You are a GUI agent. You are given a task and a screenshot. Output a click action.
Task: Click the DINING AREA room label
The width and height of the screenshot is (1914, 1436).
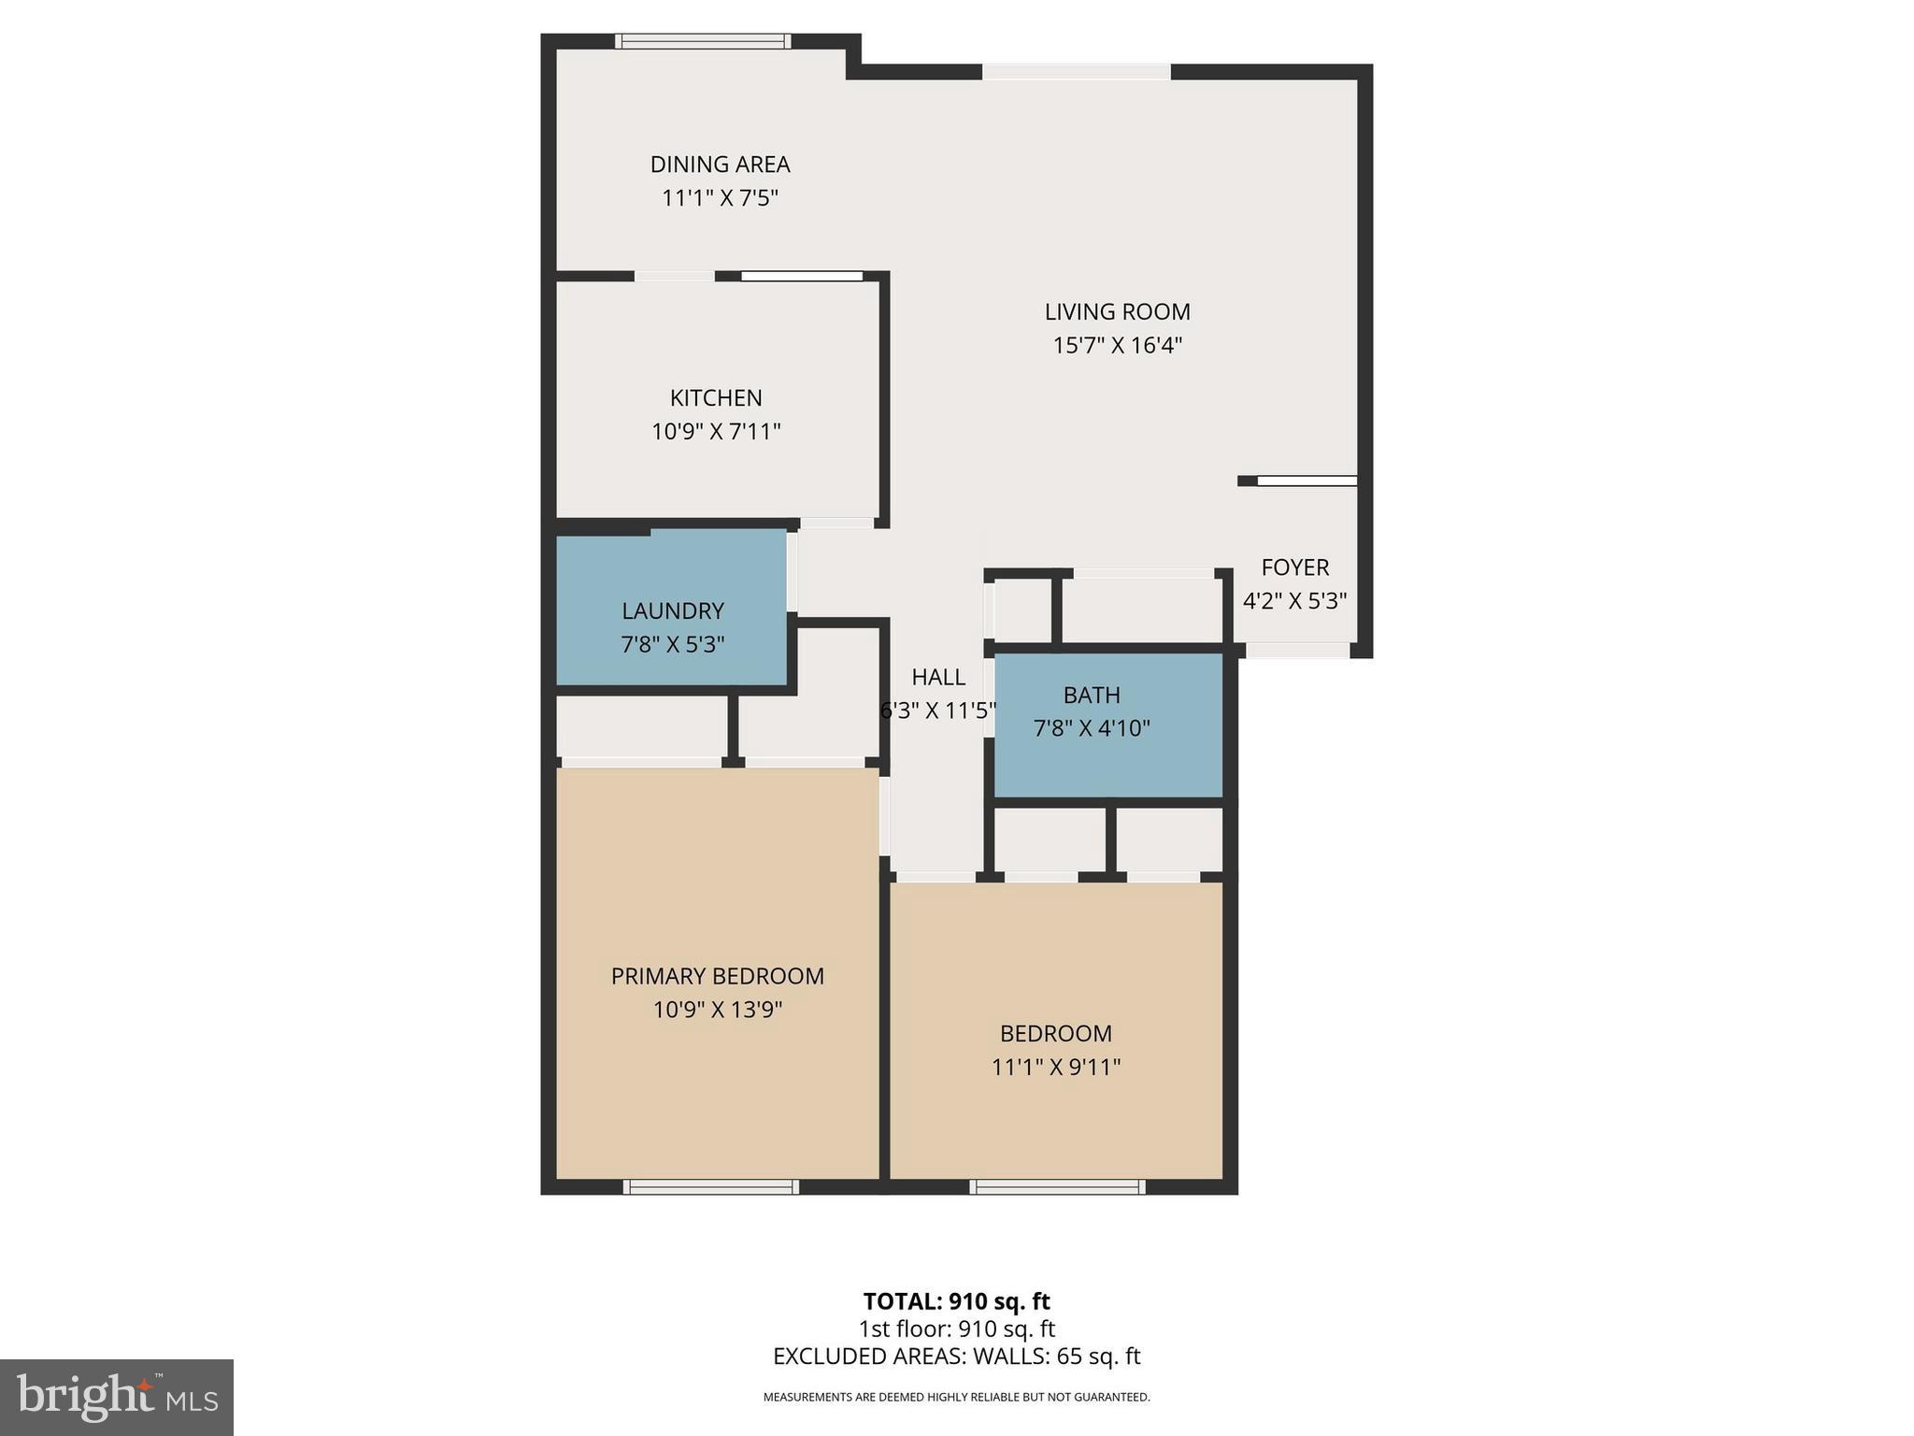(x=720, y=165)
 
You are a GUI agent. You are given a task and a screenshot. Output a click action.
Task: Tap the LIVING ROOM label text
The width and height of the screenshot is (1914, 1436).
(x=1117, y=311)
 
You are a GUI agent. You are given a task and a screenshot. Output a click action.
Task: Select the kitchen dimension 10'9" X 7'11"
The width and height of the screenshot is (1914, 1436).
(x=716, y=432)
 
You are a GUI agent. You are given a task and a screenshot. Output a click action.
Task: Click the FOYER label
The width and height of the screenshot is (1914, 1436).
(x=1294, y=567)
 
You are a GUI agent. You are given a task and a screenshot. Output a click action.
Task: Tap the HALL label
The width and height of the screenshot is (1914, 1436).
(x=938, y=677)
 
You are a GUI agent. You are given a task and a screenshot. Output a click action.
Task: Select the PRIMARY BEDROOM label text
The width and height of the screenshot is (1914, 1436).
(x=717, y=976)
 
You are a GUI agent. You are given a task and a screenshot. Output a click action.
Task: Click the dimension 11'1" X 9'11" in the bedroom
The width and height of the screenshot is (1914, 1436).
(x=1056, y=1067)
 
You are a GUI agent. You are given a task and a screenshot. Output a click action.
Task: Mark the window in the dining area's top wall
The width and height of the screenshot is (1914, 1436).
(x=703, y=41)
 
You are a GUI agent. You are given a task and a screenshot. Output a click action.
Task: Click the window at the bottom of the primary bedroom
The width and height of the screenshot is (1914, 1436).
(x=711, y=1187)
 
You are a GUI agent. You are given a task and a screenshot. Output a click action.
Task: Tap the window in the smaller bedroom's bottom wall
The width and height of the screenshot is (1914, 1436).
(x=1057, y=1187)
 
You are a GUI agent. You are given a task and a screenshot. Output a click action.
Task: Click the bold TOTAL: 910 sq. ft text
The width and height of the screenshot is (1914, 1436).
(x=956, y=1301)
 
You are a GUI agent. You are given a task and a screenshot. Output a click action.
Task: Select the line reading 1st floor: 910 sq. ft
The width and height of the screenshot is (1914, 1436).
(x=956, y=1328)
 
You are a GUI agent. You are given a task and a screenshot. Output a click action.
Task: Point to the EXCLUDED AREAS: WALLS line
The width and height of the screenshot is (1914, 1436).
(x=956, y=1357)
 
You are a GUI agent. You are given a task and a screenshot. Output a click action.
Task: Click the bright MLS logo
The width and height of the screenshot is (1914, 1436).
(x=117, y=1397)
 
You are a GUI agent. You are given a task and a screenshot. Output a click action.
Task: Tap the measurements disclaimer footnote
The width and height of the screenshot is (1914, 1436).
(x=956, y=1398)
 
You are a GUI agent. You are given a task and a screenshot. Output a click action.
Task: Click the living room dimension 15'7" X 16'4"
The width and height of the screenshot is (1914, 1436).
(x=1117, y=346)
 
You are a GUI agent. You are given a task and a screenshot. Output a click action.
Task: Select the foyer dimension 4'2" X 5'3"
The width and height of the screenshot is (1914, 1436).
(x=1294, y=601)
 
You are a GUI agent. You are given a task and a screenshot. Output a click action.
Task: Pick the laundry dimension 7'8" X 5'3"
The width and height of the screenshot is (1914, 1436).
(x=672, y=645)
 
